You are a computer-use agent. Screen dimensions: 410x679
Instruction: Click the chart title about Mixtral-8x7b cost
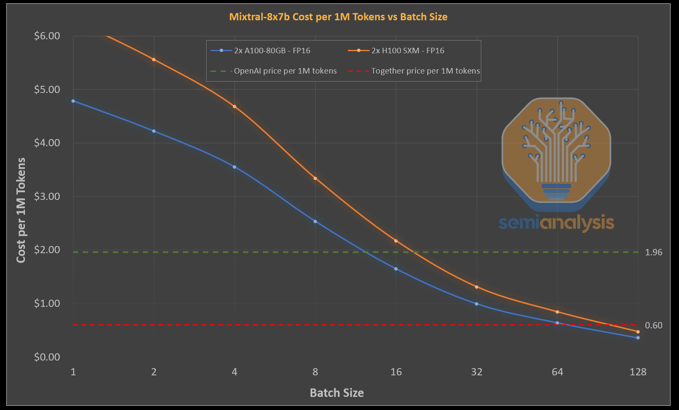point(338,17)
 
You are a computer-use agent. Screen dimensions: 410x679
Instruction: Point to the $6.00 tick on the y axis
point(47,36)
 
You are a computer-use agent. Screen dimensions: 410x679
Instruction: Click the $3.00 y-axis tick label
point(47,197)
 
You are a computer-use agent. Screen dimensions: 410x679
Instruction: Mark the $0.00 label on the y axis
point(47,357)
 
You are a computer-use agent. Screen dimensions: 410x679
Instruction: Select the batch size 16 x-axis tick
point(396,372)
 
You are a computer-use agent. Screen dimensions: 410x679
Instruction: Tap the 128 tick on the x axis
point(638,372)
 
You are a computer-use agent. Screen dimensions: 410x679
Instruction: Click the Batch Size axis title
point(337,393)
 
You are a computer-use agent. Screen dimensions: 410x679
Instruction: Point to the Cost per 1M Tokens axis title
point(21,210)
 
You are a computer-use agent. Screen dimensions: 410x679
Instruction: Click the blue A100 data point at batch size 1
point(73,101)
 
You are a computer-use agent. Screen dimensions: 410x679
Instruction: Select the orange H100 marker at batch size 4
point(235,107)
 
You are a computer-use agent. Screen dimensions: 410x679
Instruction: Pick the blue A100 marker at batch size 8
point(315,221)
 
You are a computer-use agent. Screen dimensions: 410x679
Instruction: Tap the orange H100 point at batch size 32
point(477,287)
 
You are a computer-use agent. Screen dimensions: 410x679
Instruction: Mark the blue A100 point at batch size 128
point(638,338)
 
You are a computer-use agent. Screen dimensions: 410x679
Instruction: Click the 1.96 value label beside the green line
point(654,252)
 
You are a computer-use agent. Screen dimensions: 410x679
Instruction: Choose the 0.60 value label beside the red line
point(654,325)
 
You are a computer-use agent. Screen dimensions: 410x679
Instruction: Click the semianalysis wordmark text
point(556,223)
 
